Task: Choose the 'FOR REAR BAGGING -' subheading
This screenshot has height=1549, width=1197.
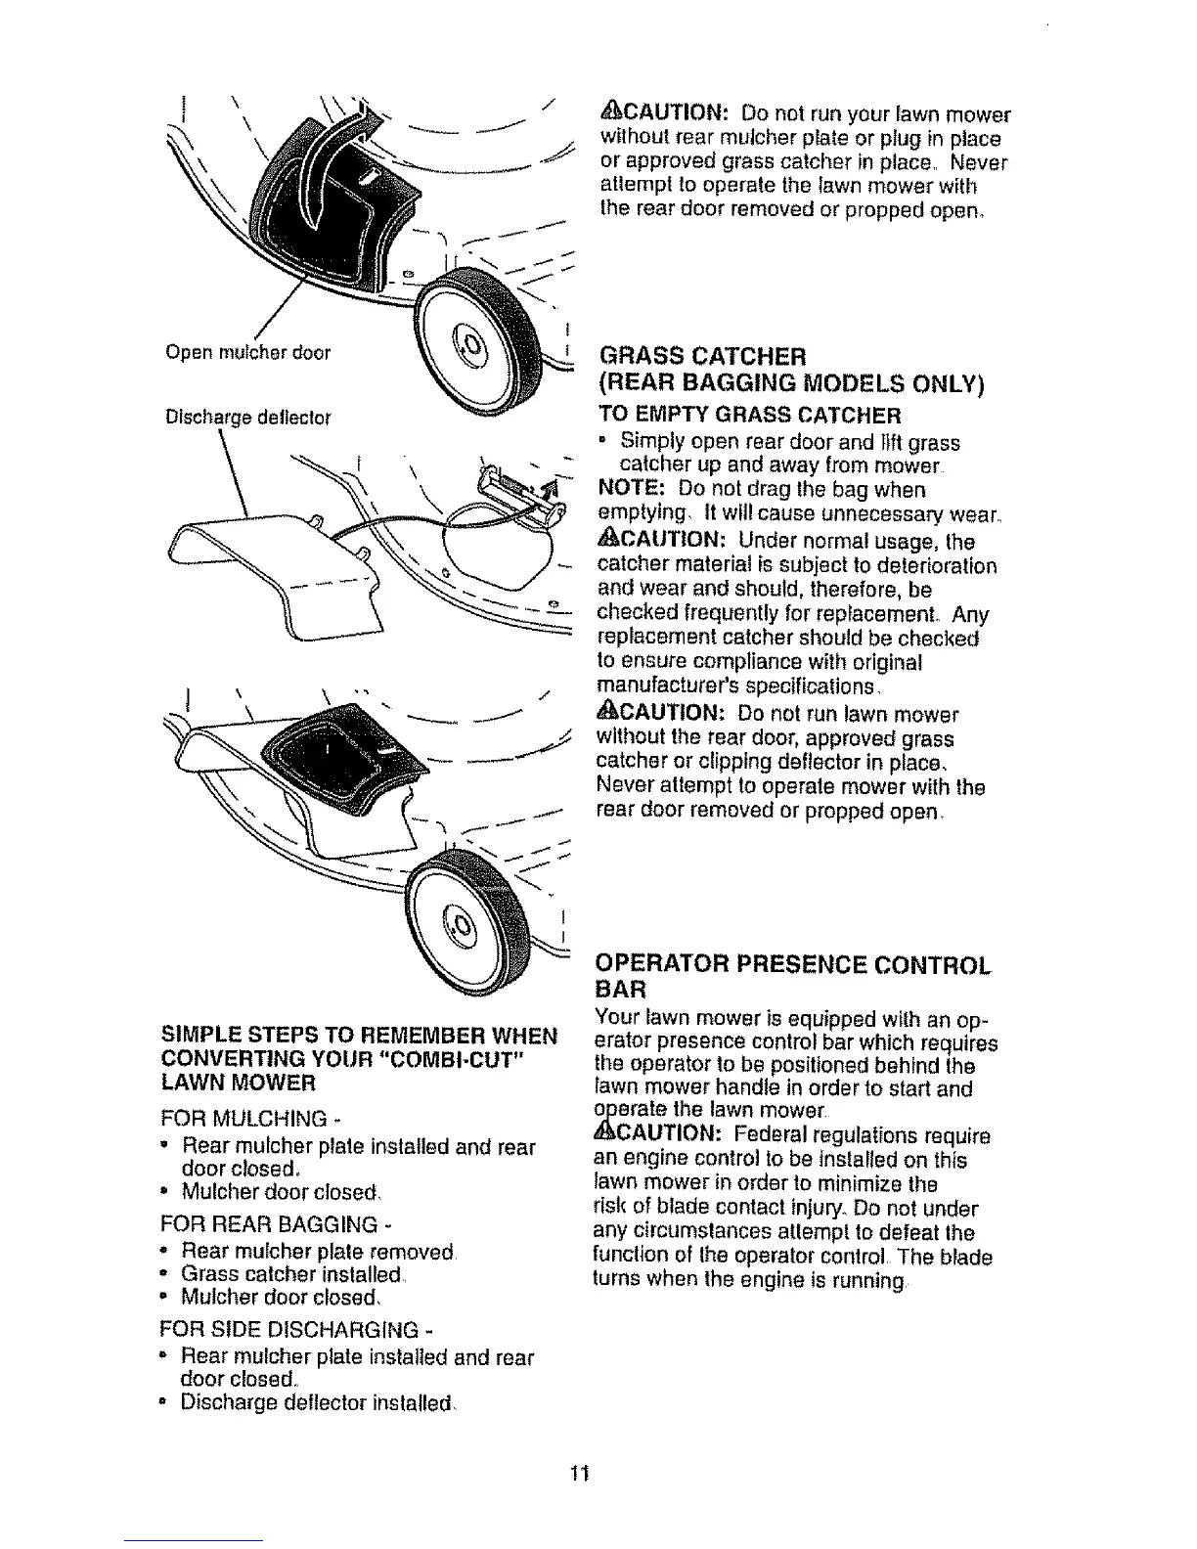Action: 267,1224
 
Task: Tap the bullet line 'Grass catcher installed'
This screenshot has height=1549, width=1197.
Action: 293,1275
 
